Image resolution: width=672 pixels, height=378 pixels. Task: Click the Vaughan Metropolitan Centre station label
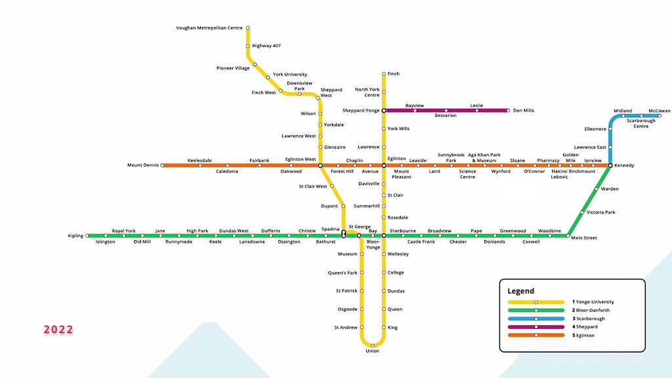point(209,28)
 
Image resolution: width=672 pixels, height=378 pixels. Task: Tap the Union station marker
point(373,345)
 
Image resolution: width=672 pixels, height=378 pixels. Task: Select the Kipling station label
point(75,236)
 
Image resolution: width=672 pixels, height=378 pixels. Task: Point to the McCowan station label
point(659,111)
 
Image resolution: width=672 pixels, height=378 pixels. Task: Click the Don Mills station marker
point(508,111)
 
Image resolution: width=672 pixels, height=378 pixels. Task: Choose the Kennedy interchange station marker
point(610,165)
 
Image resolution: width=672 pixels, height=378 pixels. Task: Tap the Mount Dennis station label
point(142,165)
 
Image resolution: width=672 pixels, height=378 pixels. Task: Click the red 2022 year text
point(59,329)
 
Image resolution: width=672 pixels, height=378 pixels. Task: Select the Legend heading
point(520,291)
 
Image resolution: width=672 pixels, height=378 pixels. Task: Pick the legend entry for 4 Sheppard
point(586,327)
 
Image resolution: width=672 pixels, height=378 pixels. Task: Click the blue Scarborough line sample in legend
point(536,318)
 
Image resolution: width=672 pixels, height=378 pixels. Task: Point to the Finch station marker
point(384,74)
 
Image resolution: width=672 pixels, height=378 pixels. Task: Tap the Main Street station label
point(584,238)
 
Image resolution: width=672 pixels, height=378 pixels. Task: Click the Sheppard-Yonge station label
point(361,111)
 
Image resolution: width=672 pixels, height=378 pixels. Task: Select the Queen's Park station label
point(343,272)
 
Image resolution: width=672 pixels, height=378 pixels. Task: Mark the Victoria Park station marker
point(582,212)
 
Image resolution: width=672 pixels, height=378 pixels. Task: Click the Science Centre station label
point(467,174)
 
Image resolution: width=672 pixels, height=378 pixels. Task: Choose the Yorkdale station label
point(334,125)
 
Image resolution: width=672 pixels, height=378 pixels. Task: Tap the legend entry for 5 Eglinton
point(587,335)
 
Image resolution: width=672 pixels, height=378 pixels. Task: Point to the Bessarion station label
point(446,115)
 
